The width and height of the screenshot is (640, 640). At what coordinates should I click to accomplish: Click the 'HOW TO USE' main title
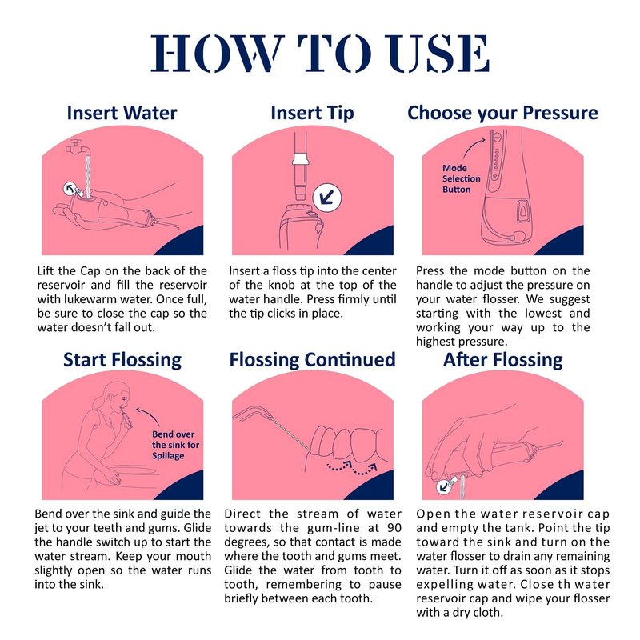pos(320,54)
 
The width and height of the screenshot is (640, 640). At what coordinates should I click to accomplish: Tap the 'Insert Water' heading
pos(122,113)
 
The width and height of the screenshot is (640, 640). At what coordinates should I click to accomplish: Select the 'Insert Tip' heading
pos(312,114)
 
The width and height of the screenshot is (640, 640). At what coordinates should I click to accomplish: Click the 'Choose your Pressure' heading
pos(502,113)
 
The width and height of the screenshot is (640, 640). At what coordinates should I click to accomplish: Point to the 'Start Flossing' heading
pos(122,361)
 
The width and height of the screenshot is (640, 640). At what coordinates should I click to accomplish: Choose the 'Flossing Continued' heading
pos(312,359)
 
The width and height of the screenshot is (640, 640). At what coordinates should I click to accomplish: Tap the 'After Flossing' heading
pos(503,361)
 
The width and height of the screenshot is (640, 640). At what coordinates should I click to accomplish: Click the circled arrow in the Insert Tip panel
pos(327,198)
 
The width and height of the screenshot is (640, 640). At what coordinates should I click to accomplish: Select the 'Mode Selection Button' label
pos(462,178)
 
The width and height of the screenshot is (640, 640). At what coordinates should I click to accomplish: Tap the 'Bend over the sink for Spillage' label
pos(175,445)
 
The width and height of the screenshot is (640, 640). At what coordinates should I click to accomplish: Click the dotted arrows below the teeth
pos(352,468)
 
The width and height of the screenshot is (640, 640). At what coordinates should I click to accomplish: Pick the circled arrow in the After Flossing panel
pos(443,486)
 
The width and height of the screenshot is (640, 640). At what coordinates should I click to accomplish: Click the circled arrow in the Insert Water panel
pos(70,189)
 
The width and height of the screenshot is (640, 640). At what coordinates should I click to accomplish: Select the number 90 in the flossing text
pos(394,528)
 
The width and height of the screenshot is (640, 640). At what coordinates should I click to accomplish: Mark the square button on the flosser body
pos(523,211)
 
